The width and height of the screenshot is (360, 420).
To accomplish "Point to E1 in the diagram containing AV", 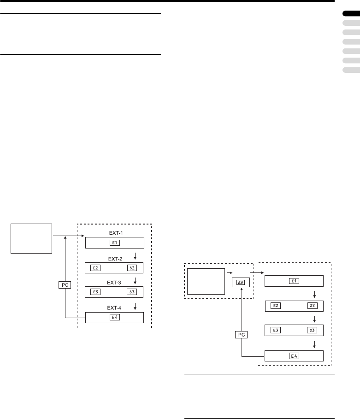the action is point(294,281).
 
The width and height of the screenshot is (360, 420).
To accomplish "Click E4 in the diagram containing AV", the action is point(294,355).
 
